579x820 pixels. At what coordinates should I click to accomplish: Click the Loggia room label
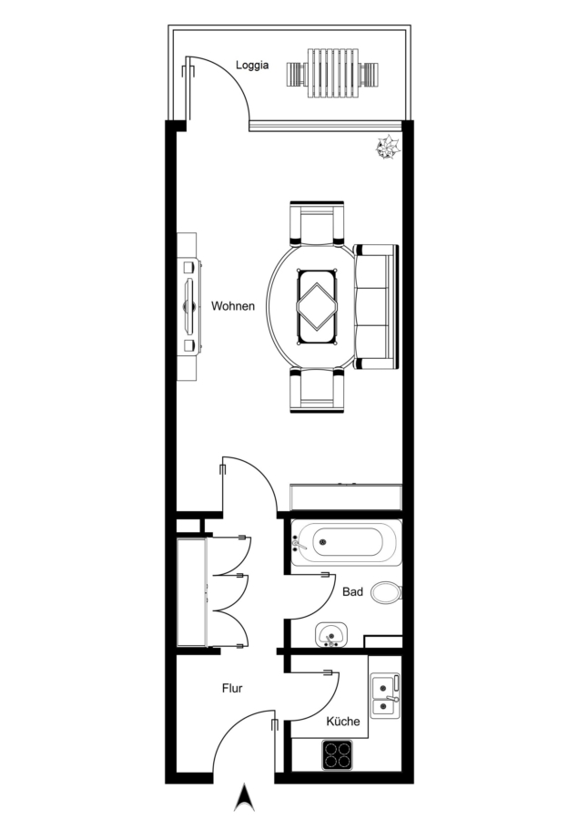point(252,66)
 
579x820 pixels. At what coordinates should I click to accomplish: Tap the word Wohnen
point(233,306)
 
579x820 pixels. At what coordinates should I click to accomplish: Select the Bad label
point(352,592)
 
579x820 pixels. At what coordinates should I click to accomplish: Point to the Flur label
point(232,688)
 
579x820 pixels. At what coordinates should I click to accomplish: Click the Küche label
point(343,722)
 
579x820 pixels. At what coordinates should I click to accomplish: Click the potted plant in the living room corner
point(388,147)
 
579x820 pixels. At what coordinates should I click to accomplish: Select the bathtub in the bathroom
point(347,542)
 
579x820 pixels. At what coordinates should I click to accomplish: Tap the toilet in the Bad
point(387,592)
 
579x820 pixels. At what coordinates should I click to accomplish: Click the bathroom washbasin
point(330,634)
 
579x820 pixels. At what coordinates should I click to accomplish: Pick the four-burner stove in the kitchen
point(337,755)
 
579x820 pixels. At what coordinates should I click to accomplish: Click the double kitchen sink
point(384,696)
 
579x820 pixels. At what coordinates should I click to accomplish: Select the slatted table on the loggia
point(333,73)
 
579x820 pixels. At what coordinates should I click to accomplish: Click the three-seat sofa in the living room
point(376,306)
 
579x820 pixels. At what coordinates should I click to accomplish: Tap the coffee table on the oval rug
point(317,307)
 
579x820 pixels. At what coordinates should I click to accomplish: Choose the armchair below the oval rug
point(317,390)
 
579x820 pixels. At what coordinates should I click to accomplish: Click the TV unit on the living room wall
point(188,306)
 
